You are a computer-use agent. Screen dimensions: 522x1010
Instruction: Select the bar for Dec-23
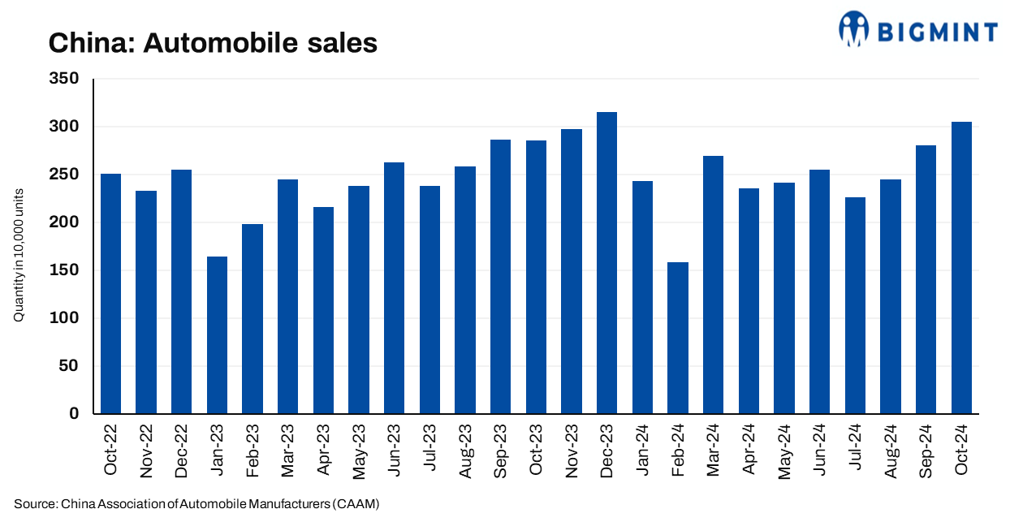(x=606, y=263)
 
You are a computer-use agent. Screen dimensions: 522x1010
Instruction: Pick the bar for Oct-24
(x=961, y=267)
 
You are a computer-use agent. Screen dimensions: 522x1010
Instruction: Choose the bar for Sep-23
(x=500, y=277)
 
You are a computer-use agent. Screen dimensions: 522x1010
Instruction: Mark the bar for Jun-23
(x=394, y=288)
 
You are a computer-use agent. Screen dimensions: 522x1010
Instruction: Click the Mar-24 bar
(x=713, y=285)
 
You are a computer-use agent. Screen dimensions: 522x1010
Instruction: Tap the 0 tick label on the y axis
(x=74, y=414)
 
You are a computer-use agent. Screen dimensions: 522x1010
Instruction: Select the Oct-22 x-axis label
(x=110, y=451)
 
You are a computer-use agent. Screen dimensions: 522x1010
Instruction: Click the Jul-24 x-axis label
(x=856, y=451)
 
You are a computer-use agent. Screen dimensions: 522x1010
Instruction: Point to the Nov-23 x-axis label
(x=572, y=451)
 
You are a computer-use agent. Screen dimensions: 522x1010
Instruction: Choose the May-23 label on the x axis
(x=359, y=451)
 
